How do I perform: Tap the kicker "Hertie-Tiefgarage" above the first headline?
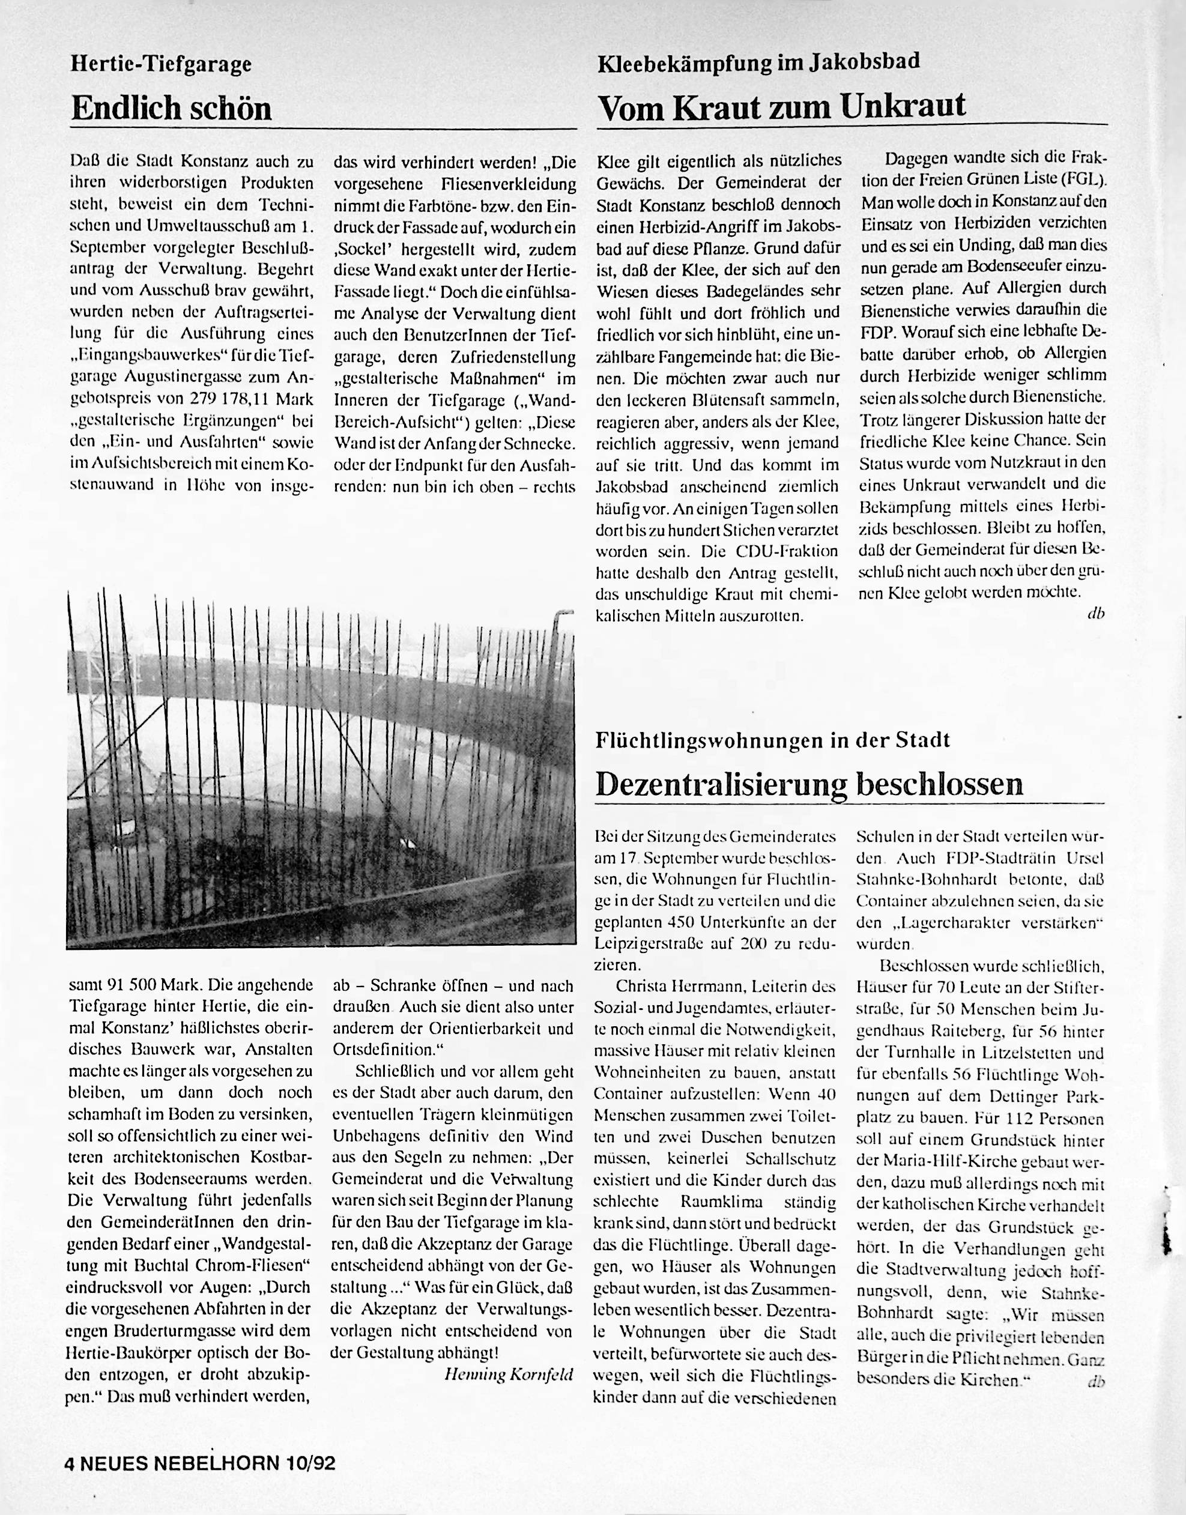[x=161, y=65]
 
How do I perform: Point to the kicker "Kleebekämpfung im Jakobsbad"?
[x=758, y=62]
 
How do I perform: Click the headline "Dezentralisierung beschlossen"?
[x=809, y=783]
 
